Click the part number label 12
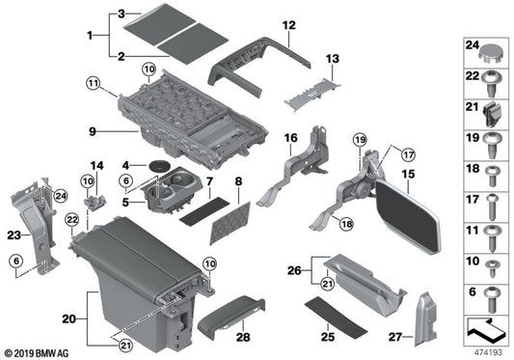point(289,24)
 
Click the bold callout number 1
point(91,35)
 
